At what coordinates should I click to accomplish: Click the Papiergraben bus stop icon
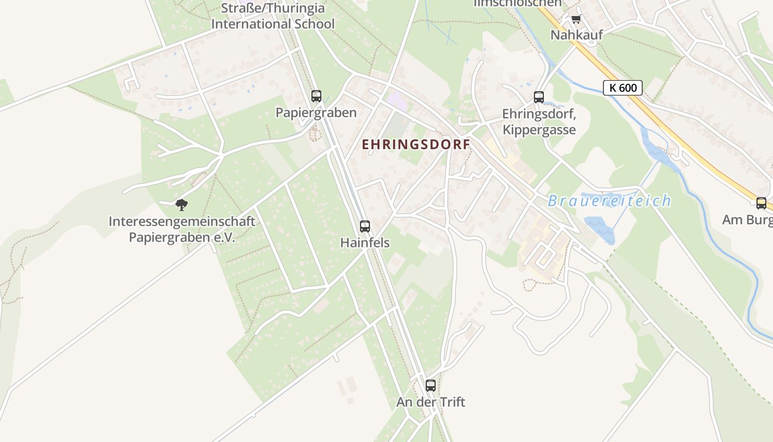point(316,96)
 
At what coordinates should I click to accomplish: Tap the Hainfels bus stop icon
point(364,226)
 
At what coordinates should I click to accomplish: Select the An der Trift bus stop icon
point(431,386)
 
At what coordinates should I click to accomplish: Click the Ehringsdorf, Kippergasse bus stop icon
point(539,97)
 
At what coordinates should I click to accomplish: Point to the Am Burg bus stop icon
point(761,203)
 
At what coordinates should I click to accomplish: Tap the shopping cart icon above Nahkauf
point(576,19)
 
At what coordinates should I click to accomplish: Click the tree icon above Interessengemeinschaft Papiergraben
point(182,206)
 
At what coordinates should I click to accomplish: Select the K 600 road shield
point(623,88)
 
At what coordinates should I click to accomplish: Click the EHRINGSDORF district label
point(416,145)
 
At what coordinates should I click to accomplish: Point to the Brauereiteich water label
point(609,201)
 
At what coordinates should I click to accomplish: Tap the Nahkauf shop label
point(576,35)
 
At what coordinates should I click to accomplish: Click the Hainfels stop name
point(364,243)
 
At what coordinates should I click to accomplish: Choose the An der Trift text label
point(431,402)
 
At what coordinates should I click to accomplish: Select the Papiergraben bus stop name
point(316,113)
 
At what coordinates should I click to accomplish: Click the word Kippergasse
point(539,130)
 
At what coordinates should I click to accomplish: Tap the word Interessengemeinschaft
point(182,222)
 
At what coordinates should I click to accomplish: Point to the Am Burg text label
point(746,220)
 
